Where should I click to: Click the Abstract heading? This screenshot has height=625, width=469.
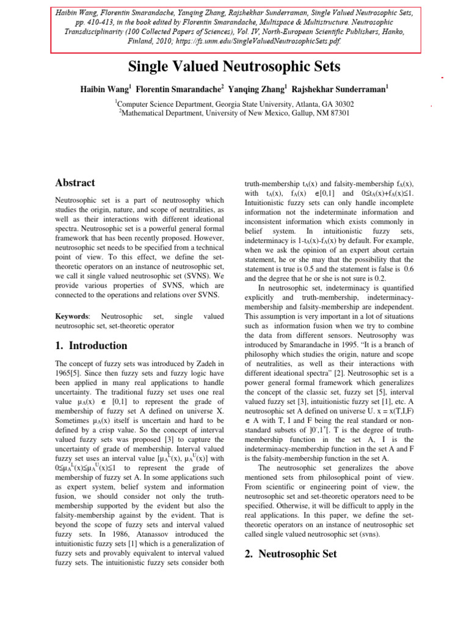tap(75, 182)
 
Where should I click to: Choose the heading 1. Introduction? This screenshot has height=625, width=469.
tap(91, 345)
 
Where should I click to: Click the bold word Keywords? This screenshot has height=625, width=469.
tap(72, 316)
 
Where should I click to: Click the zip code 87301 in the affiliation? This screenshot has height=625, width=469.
tap(336, 112)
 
